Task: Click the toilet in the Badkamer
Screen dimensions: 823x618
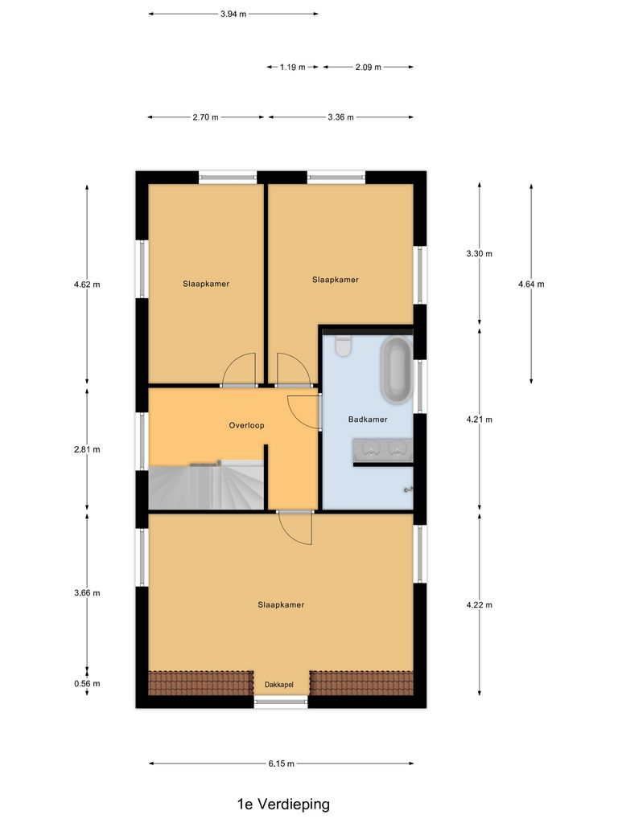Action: pyautogui.click(x=344, y=346)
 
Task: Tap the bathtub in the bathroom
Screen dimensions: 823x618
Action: pyautogui.click(x=396, y=371)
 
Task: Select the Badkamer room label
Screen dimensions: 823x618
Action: pyautogui.click(x=368, y=420)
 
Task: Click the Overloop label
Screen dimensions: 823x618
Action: pyautogui.click(x=246, y=425)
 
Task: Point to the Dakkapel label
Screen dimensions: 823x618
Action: pyautogui.click(x=279, y=685)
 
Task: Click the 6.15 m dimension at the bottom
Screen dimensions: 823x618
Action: pyautogui.click(x=281, y=764)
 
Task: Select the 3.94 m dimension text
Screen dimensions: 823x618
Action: pyautogui.click(x=233, y=14)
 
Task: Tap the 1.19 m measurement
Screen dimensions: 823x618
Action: pyautogui.click(x=293, y=68)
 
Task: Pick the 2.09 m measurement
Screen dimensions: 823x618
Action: pyautogui.click(x=368, y=68)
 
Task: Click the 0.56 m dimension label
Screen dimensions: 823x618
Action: pyautogui.click(x=87, y=684)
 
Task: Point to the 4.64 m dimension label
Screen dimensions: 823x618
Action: pyautogui.click(x=531, y=284)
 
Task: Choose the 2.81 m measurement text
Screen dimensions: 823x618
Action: pyautogui.click(x=87, y=449)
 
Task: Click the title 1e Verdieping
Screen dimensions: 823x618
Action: pyautogui.click(x=283, y=804)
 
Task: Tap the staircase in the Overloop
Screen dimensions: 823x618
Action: pyautogui.click(x=206, y=485)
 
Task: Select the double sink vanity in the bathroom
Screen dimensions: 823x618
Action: pyautogui.click(x=382, y=449)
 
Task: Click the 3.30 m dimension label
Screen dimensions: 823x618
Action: pyautogui.click(x=479, y=254)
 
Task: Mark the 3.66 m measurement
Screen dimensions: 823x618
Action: pyautogui.click(x=87, y=593)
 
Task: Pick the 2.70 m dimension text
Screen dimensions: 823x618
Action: pyautogui.click(x=205, y=117)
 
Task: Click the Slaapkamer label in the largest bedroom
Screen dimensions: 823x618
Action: pyautogui.click(x=281, y=605)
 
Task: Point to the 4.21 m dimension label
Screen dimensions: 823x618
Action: pyautogui.click(x=479, y=420)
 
